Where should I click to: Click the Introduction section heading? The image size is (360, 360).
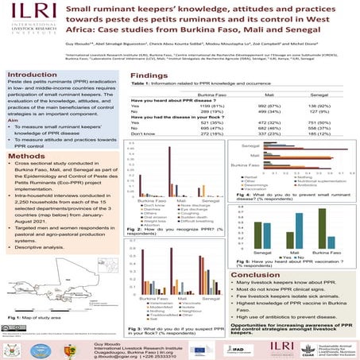pyautogui.click(x=30, y=72)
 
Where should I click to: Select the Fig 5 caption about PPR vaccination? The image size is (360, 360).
pyautogui.click(x=292, y=239)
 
